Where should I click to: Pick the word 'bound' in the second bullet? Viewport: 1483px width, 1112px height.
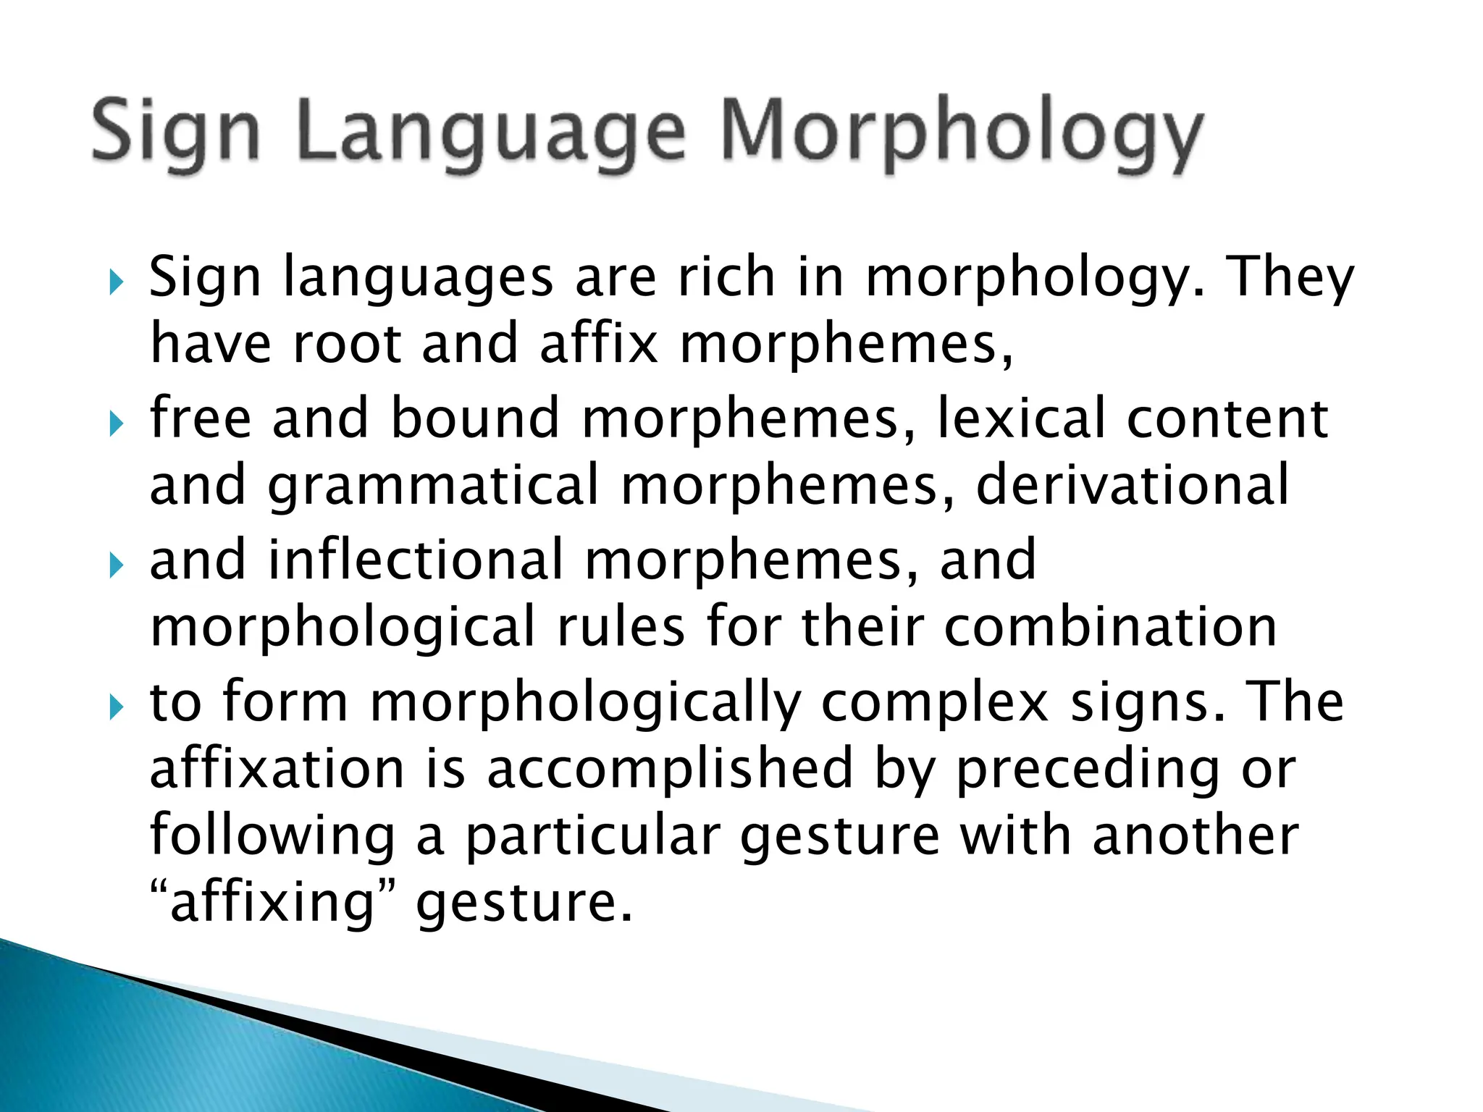475,418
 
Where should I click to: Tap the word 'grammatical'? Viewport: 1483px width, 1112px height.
434,485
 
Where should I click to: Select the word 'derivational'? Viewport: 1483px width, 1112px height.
1133,485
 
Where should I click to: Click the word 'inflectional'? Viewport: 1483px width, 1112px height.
416,560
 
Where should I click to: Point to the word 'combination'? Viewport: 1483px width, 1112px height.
1111,627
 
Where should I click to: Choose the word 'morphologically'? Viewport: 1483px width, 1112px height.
585,702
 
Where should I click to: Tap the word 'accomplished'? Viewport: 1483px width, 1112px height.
670,769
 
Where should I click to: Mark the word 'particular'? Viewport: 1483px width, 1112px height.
593,836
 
